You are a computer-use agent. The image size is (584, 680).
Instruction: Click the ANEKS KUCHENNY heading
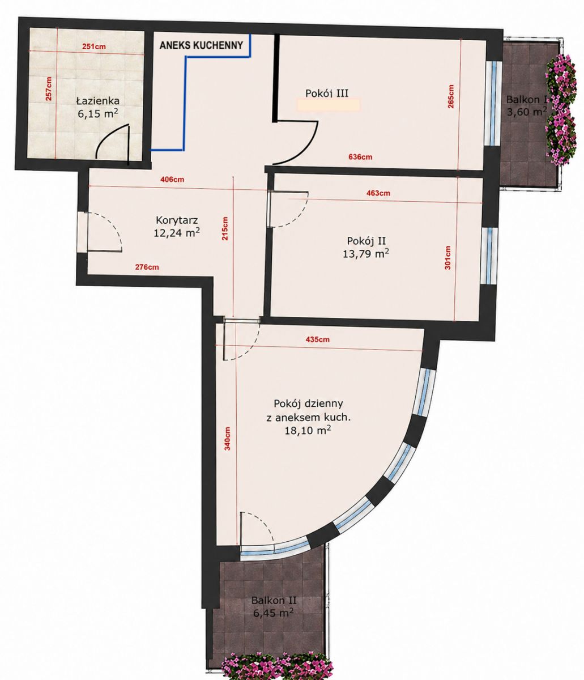[x=201, y=45]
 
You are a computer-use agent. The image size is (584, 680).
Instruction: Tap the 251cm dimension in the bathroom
[x=94, y=46]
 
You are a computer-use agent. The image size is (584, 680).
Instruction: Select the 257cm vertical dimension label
[x=49, y=88]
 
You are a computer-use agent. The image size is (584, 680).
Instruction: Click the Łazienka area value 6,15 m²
[x=98, y=113]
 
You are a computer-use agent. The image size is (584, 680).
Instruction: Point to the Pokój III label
[x=327, y=93]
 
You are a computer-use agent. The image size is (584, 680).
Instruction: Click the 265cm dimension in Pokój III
[x=451, y=96]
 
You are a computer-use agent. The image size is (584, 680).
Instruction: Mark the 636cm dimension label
[x=360, y=157]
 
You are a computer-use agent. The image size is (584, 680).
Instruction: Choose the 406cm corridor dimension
[x=172, y=179]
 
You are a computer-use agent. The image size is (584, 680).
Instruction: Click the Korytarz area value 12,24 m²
[x=177, y=232]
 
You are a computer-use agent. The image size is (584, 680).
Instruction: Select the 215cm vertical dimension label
[x=225, y=228]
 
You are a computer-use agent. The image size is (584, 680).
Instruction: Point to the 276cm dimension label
[x=147, y=267]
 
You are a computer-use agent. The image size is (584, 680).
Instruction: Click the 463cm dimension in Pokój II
[x=378, y=193]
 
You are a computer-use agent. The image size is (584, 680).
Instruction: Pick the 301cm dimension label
[x=447, y=258]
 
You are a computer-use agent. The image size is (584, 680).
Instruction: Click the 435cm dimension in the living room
[x=317, y=339]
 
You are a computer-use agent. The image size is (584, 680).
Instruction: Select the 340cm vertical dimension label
[x=227, y=439]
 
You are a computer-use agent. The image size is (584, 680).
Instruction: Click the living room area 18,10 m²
[x=308, y=431]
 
